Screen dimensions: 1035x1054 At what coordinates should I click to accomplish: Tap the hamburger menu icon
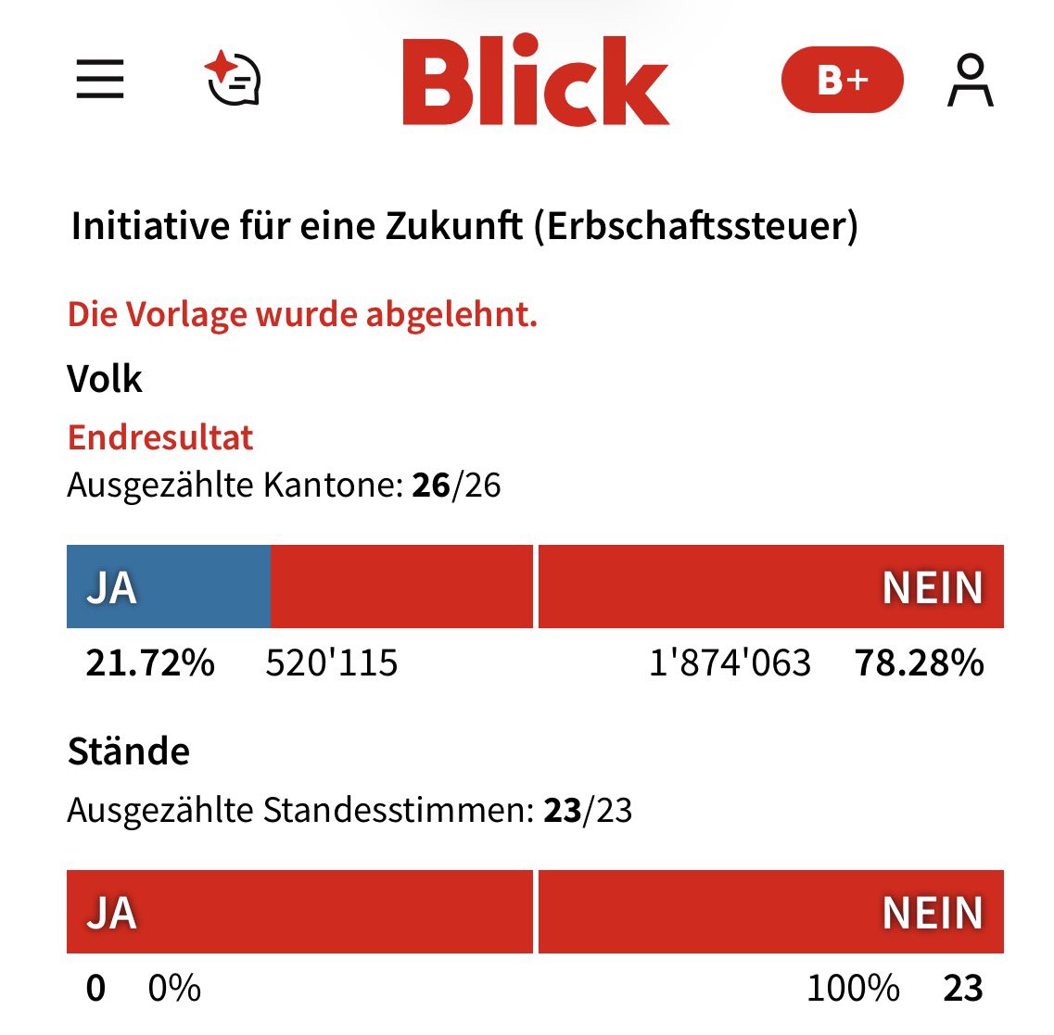(x=100, y=80)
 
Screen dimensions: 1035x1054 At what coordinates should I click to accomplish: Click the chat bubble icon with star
(x=233, y=80)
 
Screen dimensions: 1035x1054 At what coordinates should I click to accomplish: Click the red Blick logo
(x=535, y=82)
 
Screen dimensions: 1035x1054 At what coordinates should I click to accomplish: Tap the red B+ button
(x=842, y=80)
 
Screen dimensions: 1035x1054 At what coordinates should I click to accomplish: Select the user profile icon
(x=970, y=81)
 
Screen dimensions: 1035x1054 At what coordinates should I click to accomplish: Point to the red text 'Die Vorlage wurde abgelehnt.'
(x=302, y=315)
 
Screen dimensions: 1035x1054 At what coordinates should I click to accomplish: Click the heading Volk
(x=105, y=379)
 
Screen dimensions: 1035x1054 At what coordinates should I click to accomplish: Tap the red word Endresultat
(x=160, y=437)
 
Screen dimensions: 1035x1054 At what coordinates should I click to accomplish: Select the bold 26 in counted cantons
(x=431, y=486)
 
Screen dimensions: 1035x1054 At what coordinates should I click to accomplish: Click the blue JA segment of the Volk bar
(x=168, y=587)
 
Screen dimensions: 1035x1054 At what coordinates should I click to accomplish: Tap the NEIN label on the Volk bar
(x=932, y=587)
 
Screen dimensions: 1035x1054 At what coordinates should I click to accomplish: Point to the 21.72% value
(x=150, y=663)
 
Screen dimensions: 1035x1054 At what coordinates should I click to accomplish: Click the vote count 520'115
(x=331, y=663)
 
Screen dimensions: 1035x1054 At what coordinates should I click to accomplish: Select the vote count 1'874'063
(x=730, y=663)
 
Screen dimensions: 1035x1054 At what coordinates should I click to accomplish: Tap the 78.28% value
(x=919, y=663)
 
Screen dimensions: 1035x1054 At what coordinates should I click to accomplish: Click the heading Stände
(x=129, y=751)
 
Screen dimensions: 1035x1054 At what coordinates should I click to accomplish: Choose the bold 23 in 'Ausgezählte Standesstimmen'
(x=562, y=811)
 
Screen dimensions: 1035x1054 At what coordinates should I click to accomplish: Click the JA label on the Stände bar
(x=111, y=913)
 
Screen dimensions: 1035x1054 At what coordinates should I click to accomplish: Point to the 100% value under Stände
(x=853, y=989)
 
